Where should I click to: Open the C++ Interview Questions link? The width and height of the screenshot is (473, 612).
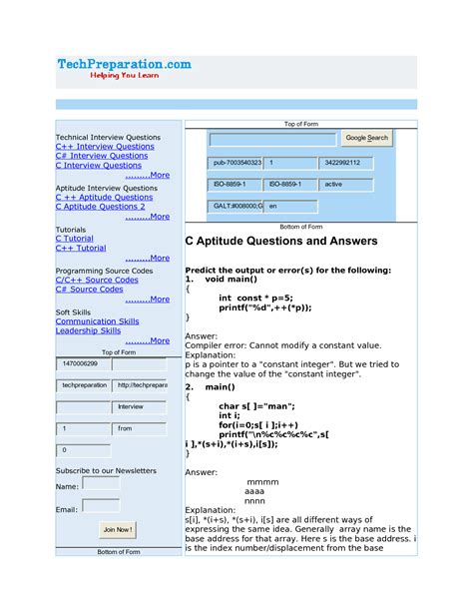(105, 146)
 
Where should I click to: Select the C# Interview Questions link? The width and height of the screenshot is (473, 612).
(101, 156)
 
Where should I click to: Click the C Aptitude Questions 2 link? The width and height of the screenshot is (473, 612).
(106, 207)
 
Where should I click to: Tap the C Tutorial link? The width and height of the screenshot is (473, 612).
(74, 239)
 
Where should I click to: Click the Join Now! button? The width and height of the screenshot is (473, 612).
(117, 529)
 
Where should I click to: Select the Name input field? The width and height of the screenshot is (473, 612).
(101, 484)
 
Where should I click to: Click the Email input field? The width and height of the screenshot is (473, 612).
(101, 507)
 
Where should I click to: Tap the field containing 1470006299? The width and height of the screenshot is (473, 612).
(82, 364)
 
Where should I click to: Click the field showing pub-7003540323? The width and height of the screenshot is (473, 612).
(236, 162)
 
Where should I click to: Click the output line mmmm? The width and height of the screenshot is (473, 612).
(261, 482)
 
